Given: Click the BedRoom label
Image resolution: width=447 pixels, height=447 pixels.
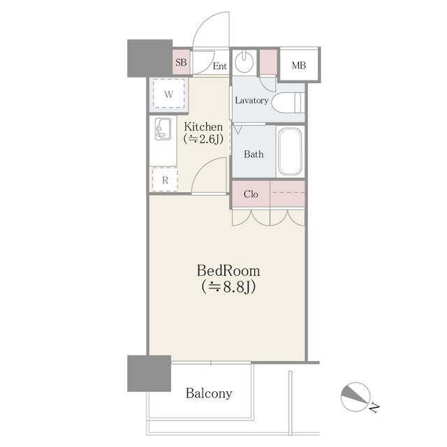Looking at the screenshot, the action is pos(228,271).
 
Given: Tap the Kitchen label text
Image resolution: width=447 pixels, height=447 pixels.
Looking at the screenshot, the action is pos(203,127).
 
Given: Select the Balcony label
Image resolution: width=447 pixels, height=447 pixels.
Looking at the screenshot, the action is pos(209,393).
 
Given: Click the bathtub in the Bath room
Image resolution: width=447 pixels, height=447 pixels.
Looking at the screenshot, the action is pos(290,152).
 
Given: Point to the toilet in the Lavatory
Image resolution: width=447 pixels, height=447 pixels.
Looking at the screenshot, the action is pos(286,103).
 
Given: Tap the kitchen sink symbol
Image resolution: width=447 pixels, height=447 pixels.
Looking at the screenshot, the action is pos(163,129).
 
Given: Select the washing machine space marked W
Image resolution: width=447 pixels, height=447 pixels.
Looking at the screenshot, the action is pos(168,94).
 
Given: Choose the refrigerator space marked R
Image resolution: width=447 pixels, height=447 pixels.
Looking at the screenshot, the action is pos(165,180).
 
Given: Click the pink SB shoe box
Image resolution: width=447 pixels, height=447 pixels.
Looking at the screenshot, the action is pos(182,62).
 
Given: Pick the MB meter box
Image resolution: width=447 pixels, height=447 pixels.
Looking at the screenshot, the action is pos(299,65).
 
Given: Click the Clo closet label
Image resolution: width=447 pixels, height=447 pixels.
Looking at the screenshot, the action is pos(251,194).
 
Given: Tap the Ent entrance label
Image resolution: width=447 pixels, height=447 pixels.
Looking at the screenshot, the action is pos(220,66).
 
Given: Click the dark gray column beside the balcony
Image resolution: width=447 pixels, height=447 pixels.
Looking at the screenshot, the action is pos(149,373).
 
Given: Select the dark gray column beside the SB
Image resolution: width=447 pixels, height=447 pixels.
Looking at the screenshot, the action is pos(149,58).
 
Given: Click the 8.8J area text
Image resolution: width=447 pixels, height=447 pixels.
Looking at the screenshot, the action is pos(228,287).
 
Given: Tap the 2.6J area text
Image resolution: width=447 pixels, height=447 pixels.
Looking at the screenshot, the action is pos(203,139).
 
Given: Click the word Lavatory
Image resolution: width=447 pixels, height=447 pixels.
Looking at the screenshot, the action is pos(251,101).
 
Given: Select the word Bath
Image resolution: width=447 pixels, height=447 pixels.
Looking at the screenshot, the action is pos(254,154).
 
